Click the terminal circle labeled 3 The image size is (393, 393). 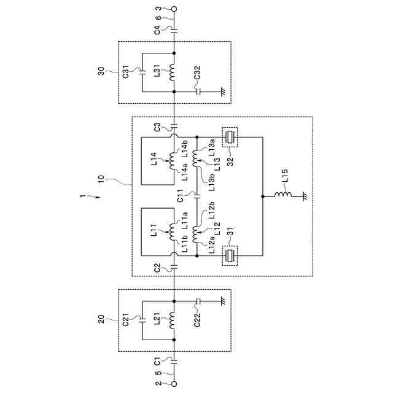click(x=174, y=9)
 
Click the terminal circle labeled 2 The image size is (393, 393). click(x=174, y=384)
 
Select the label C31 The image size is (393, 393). click(x=125, y=72)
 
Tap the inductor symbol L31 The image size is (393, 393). click(x=174, y=72)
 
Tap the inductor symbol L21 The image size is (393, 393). click(x=174, y=320)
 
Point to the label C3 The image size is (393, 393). click(x=158, y=128)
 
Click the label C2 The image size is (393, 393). click(x=158, y=268)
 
